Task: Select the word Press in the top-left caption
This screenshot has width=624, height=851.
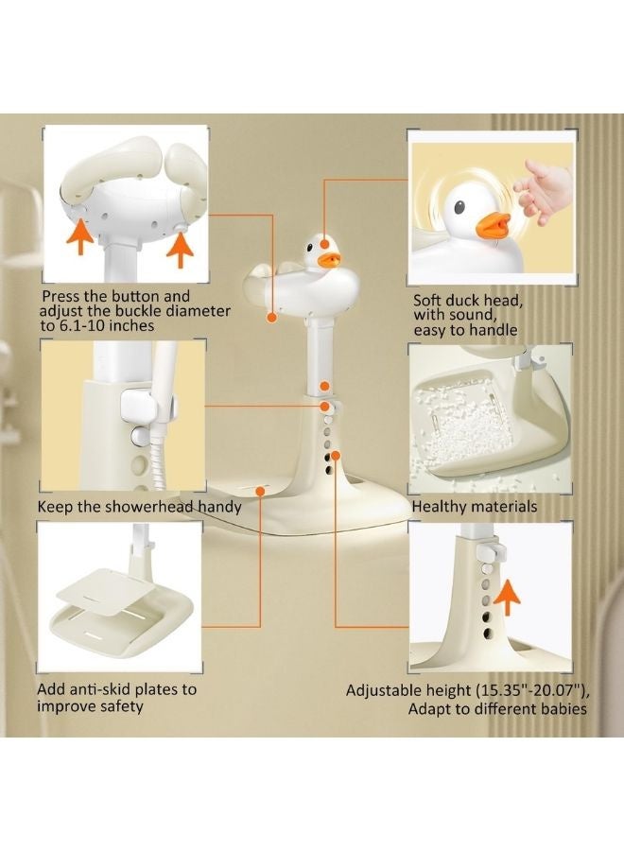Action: click(61, 296)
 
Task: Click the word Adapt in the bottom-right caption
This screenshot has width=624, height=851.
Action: click(432, 708)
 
